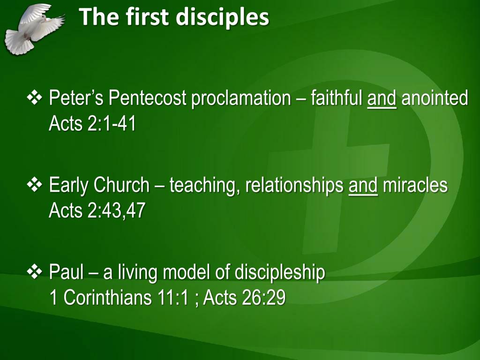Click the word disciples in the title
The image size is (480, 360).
click(x=223, y=17)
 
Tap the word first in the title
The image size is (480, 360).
click(x=145, y=17)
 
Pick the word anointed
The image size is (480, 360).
click(x=435, y=98)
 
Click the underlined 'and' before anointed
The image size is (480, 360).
click(x=382, y=98)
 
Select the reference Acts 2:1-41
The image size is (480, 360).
click(x=92, y=124)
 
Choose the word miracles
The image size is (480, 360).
click(x=415, y=186)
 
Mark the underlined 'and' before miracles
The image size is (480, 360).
click(x=363, y=186)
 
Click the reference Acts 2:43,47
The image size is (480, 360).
click(x=97, y=211)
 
